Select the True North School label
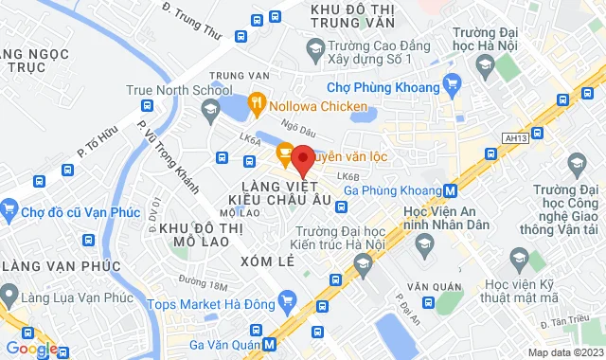tap(167, 92)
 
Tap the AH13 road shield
tap(516, 137)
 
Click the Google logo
tap(30, 349)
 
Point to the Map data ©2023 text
tap(564, 352)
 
